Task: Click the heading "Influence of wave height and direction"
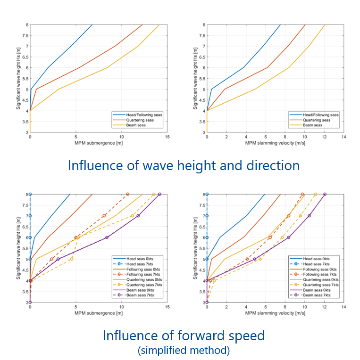[184, 165]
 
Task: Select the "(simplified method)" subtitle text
[184, 351]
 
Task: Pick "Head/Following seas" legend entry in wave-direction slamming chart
[320, 115]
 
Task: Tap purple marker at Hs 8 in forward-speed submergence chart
[159, 194]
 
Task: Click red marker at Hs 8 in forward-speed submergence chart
[127, 194]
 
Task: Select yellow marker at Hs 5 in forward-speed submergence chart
[72, 259]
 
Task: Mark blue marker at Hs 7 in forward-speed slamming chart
[207, 216]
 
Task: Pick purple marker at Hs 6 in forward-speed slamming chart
[288, 237]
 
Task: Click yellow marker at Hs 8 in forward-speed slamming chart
[316, 194]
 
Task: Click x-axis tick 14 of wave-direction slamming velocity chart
[343, 137]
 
